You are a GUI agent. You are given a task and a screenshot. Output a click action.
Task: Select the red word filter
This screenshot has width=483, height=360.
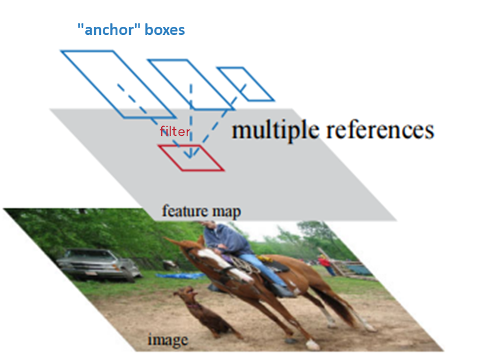[x=175, y=132]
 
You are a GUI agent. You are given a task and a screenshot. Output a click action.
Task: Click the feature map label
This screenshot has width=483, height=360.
[x=201, y=211]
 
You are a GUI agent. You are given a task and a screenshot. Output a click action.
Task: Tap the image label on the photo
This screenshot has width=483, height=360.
[x=167, y=339]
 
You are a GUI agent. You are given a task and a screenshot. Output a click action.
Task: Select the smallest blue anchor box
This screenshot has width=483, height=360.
[x=245, y=83]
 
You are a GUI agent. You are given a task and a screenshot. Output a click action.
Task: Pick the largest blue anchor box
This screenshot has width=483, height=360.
[x=117, y=83]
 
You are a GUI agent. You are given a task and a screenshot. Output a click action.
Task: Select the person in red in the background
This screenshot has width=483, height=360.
[x=325, y=264]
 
